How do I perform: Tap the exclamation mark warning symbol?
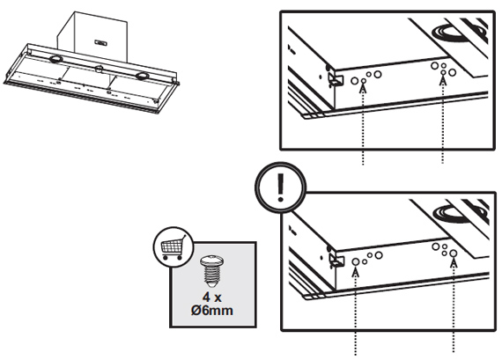280,187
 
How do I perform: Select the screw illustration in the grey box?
211,271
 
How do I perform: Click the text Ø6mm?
212,310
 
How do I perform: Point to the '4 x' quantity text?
211,298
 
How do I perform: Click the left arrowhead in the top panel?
363,86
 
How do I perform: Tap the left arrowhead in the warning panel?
356,271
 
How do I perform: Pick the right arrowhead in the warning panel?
454,261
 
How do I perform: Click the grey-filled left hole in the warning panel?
356,261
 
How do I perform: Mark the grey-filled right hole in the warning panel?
453,253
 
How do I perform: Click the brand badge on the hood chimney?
101,42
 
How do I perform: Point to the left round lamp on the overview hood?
55,59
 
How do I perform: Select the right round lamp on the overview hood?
141,76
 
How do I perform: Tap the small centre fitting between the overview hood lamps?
99,68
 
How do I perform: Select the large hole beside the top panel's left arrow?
355,81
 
